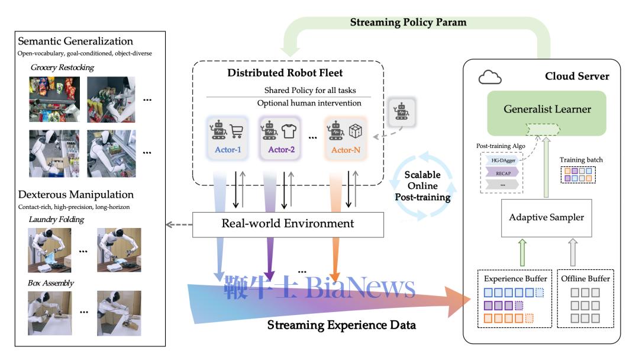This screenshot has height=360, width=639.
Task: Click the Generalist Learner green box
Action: click(x=547, y=110)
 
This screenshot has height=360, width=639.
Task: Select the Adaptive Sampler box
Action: click(x=547, y=217)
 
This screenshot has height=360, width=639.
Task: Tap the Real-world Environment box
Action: click(x=288, y=223)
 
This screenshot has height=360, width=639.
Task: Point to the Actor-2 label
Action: click(x=282, y=149)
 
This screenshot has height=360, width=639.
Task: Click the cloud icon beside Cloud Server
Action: click(x=490, y=77)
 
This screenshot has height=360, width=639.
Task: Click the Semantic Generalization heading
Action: click(x=75, y=41)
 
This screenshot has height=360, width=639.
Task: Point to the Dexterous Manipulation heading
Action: click(x=75, y=194)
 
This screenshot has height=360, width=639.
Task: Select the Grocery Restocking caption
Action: click(x=62, y=67)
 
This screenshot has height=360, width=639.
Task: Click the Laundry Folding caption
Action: click(x=56, y=220)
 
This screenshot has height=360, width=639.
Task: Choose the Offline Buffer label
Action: click(x=585, y=278)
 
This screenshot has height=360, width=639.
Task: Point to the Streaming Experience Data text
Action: click(x=341, y=325)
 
